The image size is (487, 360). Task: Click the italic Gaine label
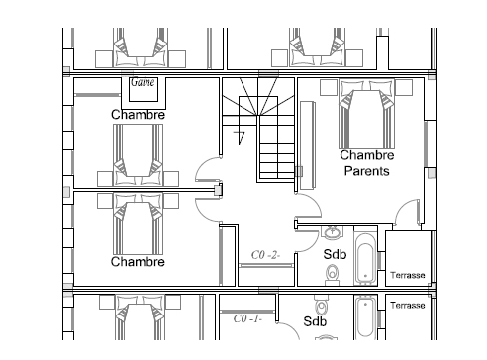pos(143,82)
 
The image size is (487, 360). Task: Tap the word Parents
pos(367,171)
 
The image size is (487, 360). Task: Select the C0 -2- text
pos(266,255)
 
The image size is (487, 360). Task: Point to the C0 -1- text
pos(247,318)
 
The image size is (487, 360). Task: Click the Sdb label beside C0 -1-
pos(315,321)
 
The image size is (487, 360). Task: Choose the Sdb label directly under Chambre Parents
pos(335,254)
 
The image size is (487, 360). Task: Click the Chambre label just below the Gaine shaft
pos(138,115)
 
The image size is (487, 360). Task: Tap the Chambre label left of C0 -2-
pos(138,262)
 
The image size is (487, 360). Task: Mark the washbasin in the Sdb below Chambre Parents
pos(333,232)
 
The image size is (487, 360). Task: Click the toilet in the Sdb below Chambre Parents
pos(332,274)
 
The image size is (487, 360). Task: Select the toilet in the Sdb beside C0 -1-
pos(322,306)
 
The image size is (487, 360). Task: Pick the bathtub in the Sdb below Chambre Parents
pos(365,259)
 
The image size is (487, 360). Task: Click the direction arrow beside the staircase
pos(240,137)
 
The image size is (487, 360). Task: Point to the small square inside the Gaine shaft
pos(144,89)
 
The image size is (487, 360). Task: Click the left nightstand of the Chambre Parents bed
pos(329,87)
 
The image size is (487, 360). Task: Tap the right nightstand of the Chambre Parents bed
pos(404,87)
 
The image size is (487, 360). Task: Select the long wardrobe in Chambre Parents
pos(308,145)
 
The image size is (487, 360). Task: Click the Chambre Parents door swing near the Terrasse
pos(407,212)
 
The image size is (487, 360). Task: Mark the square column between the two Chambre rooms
pos(218,190)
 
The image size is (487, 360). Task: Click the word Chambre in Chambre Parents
pos(367,155)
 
